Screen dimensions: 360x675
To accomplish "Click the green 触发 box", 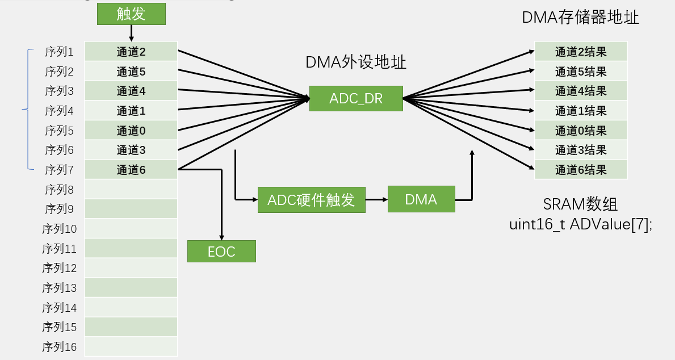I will click(131, 14).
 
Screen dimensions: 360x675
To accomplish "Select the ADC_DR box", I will click(356, 98).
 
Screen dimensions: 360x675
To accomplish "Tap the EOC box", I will click(221, 251).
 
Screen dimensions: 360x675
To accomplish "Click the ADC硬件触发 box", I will click(311, 200).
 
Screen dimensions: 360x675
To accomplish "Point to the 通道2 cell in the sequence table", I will click(131, 52).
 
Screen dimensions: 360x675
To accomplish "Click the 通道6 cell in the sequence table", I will click(131, 169).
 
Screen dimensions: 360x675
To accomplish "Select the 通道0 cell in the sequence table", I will click(131, 130).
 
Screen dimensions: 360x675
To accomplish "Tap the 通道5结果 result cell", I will click(581, 72).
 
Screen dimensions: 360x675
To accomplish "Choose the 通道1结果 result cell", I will click(581, 111).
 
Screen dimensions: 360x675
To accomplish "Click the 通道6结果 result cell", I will click(581, 169).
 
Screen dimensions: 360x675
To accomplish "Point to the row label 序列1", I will click(60, 52).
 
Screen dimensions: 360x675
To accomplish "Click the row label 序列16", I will click(60, 346).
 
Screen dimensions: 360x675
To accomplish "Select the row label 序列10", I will click(60, 229).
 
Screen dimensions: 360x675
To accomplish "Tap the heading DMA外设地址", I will click(356, 62).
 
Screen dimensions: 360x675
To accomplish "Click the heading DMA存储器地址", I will click(580, 18).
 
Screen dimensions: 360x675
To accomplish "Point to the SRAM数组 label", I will click(581, 204).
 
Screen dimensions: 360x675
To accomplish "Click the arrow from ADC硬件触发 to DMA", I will click(376, 200).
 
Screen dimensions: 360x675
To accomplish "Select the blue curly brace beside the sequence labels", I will click(27, 110).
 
